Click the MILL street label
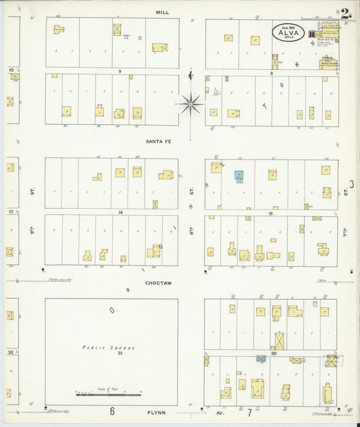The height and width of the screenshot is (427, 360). (x=162, y=12)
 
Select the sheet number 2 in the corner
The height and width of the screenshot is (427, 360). (x=345, y=13)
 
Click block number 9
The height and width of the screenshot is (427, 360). (x=119, y=71)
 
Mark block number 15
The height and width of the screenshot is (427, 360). (x=270, y=213)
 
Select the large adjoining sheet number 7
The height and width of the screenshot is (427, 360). (x=249, y=411)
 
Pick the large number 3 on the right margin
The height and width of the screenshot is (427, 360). (x=351, y=184)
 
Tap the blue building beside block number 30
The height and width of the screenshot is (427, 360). (x=261, y=359)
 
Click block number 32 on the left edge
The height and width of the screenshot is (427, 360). (x=11, y=352)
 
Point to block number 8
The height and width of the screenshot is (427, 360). (x=271, y=72)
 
